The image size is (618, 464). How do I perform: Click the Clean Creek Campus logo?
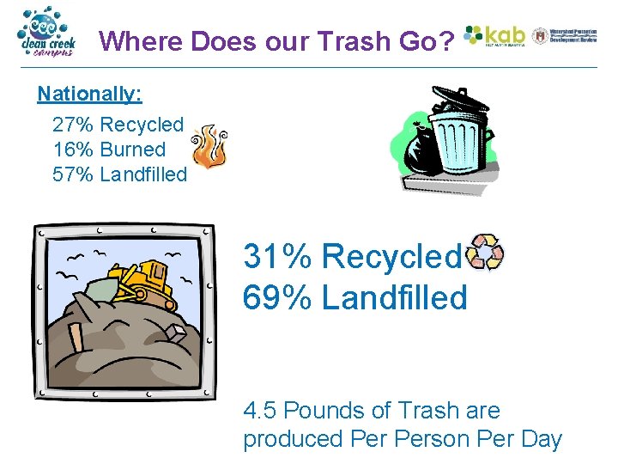click(x=46, y=33)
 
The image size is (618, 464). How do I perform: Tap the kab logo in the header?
click(x=494, y=35)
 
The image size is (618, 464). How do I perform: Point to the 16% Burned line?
click(x=109, y=149)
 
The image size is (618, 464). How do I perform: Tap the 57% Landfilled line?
click(x=119, y=174)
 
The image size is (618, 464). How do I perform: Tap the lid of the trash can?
click(x=458, y=101)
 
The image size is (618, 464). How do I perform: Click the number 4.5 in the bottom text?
click(x=259, y=411)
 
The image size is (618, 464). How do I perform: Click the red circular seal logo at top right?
click(x=540, y=35)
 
